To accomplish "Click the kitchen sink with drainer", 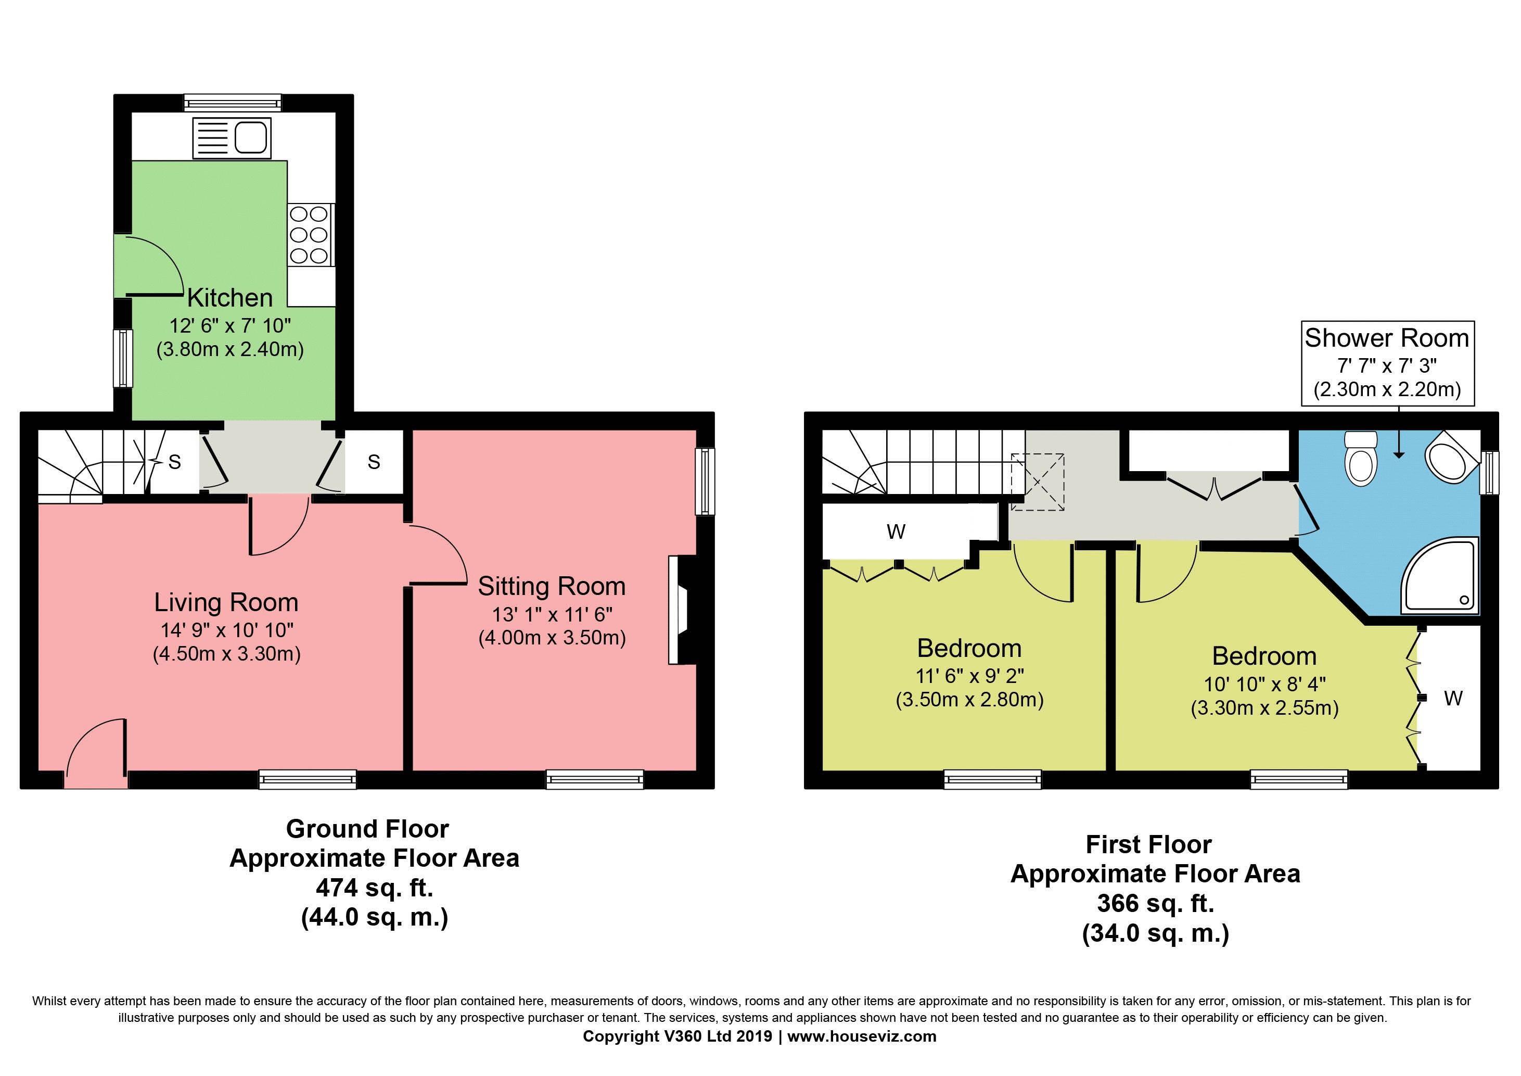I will pyautogui.click(x=232, y=138).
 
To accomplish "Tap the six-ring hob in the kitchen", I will pyautogui.click(x=310, y=235).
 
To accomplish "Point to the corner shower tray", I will pyautogui.click(x=1439, y=575).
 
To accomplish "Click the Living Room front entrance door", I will pyautogui.click(x=96, y=755).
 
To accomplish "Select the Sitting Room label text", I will pyautogui.click(x=551, y=586).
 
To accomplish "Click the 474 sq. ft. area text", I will pyautogui.click(x=374, y=887).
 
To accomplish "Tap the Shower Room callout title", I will pyautogui.click(x=1387, y=338).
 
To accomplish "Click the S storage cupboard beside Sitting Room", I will pyautogui.click(x=374, y=462).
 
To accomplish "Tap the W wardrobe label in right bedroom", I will pyautogui.click(x=1453, y=698).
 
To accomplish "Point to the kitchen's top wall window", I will pyautogui.click(x=233, y=103).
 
